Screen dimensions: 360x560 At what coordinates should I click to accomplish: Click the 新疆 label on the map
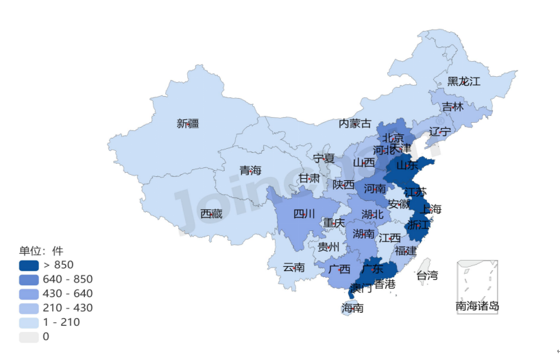point(188,123)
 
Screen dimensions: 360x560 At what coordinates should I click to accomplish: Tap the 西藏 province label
point(211,214)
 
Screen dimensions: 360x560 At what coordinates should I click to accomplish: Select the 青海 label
point(250,170)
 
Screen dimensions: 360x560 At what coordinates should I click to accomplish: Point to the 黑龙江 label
point(464,81)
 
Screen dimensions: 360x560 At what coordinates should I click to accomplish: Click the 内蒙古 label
point(355,123)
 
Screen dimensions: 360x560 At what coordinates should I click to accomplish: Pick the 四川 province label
point(304,214)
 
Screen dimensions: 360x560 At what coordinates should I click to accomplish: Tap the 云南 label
point(294,267)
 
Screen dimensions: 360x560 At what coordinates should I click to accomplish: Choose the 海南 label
point(352,309)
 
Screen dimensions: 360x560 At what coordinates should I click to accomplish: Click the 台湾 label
point(426,276)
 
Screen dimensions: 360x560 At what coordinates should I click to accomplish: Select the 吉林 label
point(452,107)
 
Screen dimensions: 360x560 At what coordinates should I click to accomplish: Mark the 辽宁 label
point(440,131)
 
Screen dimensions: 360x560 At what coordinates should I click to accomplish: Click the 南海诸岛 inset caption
point(478,306)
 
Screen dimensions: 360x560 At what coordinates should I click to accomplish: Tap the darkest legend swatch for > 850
point(29,265)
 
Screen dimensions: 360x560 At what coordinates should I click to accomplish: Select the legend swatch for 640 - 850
point(29,279)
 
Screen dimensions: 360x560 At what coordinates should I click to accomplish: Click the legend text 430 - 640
point(68,293)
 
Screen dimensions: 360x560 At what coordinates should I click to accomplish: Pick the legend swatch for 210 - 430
point(29,308)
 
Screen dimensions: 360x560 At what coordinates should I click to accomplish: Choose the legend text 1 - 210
point(62,322)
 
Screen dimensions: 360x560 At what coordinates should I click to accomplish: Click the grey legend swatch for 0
point(29,337)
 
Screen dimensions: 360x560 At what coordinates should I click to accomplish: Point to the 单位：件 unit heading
point(41,251)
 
